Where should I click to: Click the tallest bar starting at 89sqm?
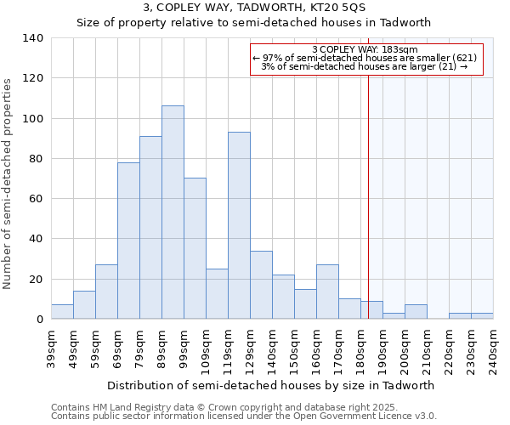173,212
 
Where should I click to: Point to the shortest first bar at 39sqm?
62,312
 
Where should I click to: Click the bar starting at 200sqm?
416,312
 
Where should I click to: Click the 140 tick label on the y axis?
33,38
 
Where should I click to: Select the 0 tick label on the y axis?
40,320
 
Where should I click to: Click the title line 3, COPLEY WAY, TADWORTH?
255,8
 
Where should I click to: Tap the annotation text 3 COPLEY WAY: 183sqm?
365,50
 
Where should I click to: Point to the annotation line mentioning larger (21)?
365,66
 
